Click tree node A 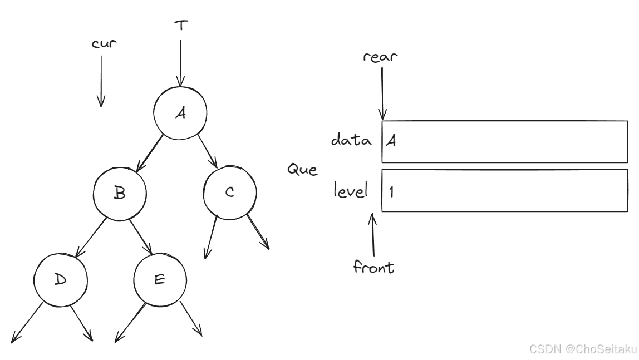click(x=180, y=113)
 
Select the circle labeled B click(x=119, y=194)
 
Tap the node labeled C click(x=230, y=193)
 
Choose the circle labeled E click(x=160, y=279)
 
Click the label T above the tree click(x=180, y=25)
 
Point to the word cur click(x=104, y=43)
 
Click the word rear click(x=381, y=56)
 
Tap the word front click(x=374, y=267)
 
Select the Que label click(x=302, y=169)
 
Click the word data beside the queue click(x=351, y=140)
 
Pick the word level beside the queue click(x=351, y=191)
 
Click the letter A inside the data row click(x=391, y=141)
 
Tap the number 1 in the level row click(x=391, y=192)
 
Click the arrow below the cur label click(x=101, y=81)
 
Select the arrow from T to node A click(x=180, y=61)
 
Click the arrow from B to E click(x=141, y=236)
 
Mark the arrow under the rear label click(x=382, y=92)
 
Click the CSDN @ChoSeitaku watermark click(x=583, y=349)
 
